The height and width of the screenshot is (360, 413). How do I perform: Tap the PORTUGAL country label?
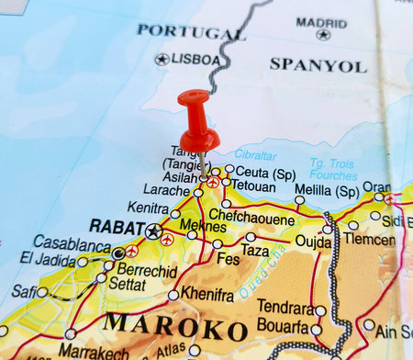point(191,31)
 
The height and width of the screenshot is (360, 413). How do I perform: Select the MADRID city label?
point(321,23)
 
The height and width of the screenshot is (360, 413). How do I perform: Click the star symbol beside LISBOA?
point(162,60)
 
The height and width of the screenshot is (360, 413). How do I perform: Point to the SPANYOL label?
point(318,65)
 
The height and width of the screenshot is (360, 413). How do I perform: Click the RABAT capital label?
point(116,226)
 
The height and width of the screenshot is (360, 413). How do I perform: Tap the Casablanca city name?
point(73,243)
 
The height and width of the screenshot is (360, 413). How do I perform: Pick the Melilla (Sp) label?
point(326,192)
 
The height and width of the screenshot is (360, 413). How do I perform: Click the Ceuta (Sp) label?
point(265,173)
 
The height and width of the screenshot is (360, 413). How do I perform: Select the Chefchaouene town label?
point(251,219)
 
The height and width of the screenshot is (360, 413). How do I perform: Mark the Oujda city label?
point(313,241)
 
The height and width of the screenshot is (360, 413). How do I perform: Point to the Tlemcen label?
point(368,239)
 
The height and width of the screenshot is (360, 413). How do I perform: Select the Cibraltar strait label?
point(255,154)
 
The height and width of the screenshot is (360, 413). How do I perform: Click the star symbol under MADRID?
point(322,35)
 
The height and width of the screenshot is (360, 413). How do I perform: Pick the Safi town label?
point(23,291)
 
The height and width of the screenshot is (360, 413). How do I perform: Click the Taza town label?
point(255,250)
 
